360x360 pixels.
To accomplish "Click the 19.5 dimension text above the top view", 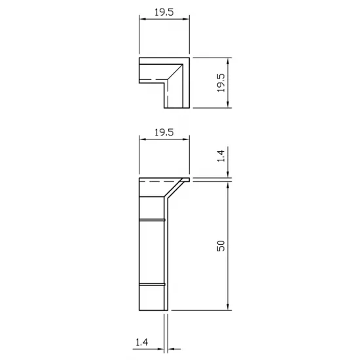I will point(164,12).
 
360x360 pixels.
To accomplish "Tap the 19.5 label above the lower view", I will point(164,132).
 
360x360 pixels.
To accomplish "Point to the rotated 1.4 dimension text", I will point(221,156).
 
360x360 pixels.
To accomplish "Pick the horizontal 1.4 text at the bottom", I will point(141,342).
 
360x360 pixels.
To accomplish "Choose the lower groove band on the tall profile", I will point(153,285).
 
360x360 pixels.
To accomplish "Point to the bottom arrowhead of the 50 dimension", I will point(227,306).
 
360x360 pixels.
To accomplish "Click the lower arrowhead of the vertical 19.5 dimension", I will point(227,105).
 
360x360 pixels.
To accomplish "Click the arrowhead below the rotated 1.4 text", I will point(227,174).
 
